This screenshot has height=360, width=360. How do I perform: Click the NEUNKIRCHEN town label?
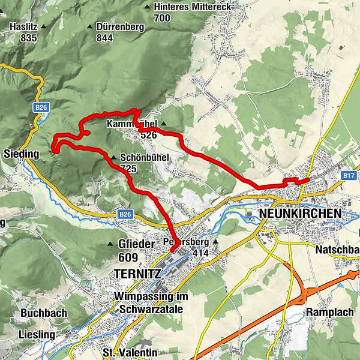pyautogui.click(x=299, y=213)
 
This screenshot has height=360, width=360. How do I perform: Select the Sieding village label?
pyautogui.click(x=20, y=154)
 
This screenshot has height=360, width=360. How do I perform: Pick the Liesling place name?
pyautogui.click(x=37, y=334)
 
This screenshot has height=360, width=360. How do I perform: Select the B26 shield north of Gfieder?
pyautogui.click(x=124, y=214)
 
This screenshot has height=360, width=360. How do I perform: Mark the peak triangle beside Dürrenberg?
pyautogui.click(x=90, y=27)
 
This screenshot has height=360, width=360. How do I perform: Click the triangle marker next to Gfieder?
pyautogui.click(x=110, y=244)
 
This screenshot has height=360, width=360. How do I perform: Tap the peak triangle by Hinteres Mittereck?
pyautogui.click(x=148, y=7)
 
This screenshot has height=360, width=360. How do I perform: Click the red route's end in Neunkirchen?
pyautogui.click(x=308, y=179)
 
